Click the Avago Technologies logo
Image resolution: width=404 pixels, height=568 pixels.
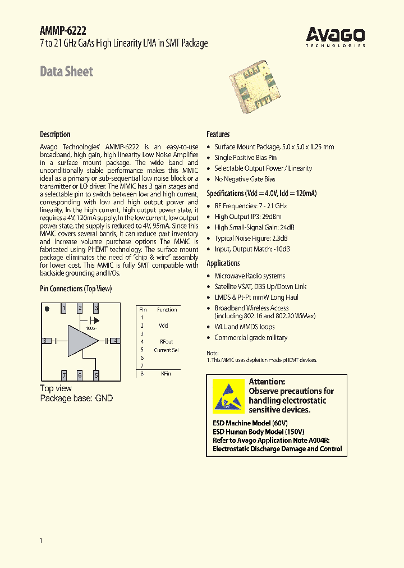336,36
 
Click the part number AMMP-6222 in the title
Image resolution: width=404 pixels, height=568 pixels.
63,31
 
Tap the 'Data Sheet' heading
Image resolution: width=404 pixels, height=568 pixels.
66,71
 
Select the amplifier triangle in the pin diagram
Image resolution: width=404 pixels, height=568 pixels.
81,340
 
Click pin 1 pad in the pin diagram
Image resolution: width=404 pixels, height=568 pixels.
64,308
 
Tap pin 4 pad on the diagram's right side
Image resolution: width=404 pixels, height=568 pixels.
114,340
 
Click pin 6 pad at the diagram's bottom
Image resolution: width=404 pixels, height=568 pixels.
80,375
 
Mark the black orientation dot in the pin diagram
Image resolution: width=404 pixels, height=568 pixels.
47,308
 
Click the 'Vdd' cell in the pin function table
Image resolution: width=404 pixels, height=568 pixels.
163,326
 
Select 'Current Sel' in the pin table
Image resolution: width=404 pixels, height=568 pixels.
166,350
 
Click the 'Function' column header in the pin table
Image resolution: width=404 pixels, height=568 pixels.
167,309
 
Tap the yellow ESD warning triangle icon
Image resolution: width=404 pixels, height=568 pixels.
228,396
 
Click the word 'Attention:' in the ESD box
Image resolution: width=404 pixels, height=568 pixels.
267,382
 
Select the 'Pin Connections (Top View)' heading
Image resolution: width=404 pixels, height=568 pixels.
76,288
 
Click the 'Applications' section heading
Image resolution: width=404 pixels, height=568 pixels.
223,263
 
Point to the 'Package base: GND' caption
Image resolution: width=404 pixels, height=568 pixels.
76,398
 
